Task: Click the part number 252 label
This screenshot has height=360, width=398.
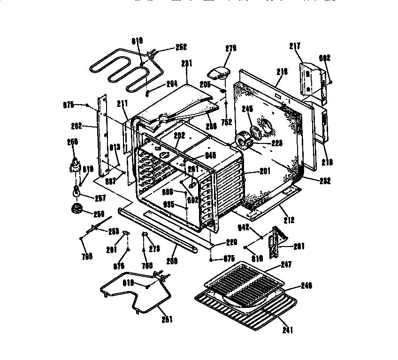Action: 168,47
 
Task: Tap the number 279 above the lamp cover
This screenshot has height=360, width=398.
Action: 230,48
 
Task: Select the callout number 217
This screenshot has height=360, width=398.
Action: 295,46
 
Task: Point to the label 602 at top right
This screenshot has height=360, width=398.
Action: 325,58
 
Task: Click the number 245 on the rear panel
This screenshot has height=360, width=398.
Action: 247,109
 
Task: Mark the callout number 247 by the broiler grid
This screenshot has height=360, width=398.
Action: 286,265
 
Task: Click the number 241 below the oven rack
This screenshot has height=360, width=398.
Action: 288,330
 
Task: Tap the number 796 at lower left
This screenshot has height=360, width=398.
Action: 87,256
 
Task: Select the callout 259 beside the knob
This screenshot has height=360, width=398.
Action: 99,215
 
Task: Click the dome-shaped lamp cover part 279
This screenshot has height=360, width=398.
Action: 218,72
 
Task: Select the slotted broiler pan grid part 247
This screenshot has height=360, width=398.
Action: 244,284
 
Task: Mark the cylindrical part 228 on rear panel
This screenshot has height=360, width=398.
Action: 245,139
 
